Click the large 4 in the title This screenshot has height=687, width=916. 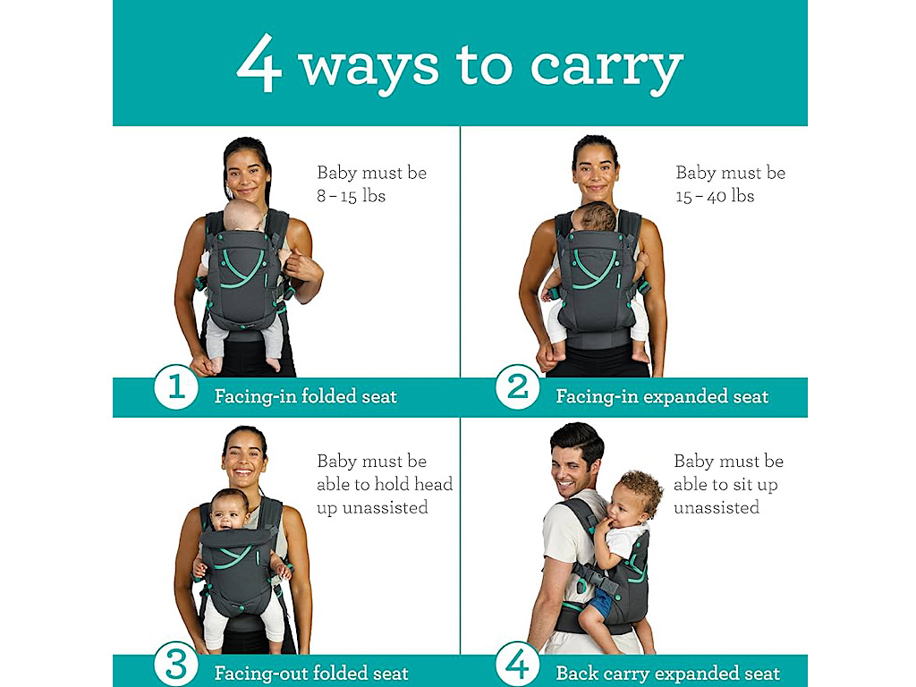coord(259,64)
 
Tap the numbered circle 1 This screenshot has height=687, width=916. coord(176,386)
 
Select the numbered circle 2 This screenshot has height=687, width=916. coord(518,386)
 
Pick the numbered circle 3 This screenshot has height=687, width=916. coord(176,664)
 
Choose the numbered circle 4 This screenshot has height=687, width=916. coord(518,664)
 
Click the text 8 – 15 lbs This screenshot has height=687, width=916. coord(351,196)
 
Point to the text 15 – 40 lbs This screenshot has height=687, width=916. coord(715,196)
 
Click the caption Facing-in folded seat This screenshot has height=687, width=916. coord(306,396)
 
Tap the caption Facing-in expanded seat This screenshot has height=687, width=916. coord(662,396)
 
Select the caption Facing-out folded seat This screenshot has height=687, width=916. coord(311,673)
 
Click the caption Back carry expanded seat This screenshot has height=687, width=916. coord(667,673)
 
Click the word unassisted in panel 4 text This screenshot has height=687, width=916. coord(717,507)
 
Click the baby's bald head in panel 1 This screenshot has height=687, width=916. coord(243,216)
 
